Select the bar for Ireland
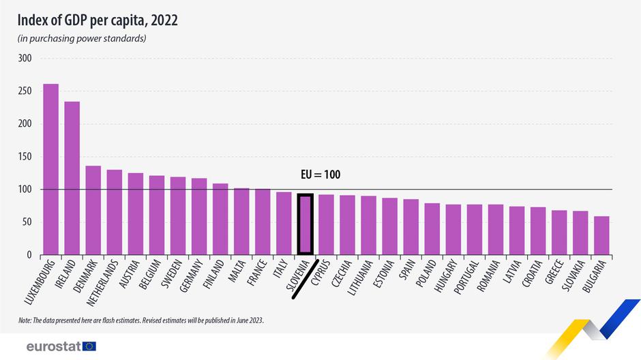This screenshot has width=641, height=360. point(72,178)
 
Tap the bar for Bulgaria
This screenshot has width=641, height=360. point(601,235)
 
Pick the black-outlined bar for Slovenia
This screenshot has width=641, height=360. point(305,224)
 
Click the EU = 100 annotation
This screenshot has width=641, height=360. point(320,175)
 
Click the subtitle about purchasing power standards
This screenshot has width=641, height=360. point(83,38)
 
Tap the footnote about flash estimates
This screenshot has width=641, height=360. point(141,320)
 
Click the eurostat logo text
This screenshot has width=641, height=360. point(53,346)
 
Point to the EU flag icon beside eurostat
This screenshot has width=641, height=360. point(89,346)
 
